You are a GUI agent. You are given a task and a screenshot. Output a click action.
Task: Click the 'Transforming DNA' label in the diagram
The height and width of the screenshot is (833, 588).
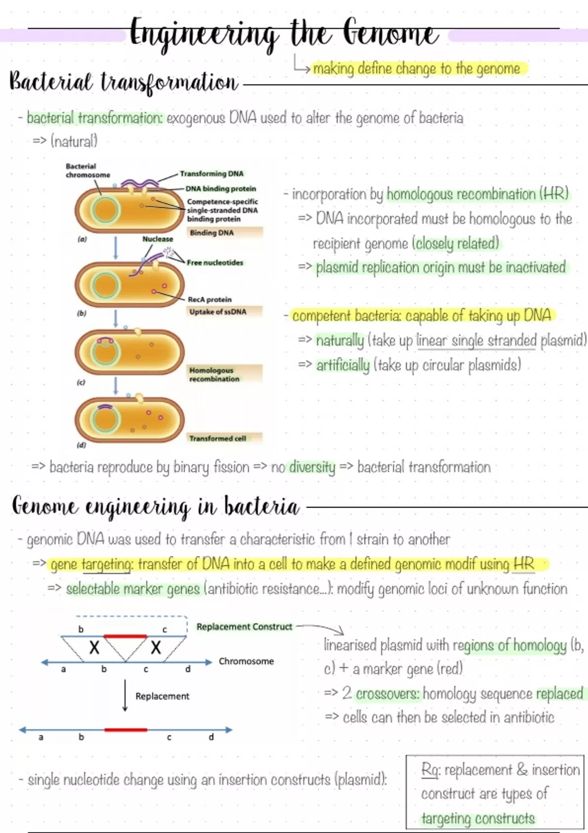pyautogui.click(x=211, y=174)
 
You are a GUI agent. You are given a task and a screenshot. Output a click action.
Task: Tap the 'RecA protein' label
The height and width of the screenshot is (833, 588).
pyautogui.click(x=210, y=299)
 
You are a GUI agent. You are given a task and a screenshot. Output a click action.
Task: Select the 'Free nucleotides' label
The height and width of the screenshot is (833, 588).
pyautogui.click(x=215, y=263)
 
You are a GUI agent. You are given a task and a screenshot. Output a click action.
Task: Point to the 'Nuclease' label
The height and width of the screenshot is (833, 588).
pyautogui.click(x=157, y=239)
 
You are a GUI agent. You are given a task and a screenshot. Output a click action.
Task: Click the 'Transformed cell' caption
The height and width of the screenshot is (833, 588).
pyautogui.click(x=218, y=439)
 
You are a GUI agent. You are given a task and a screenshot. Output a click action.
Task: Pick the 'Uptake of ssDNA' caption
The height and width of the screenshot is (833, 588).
pyautogui.click(x=218, y=312)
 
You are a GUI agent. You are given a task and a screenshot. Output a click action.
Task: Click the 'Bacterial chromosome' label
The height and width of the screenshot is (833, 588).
pyautogui.click(x=88, y=171)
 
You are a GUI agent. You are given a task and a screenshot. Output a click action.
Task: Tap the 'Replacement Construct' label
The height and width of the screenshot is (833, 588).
pyautogui.click(x=244, y=627)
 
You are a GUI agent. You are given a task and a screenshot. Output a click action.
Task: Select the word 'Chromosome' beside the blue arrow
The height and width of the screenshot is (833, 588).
pyautogui.click(x=246, y=661)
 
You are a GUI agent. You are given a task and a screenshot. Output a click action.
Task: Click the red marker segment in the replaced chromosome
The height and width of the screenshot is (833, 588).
pyautogui.click(x=125, y=730)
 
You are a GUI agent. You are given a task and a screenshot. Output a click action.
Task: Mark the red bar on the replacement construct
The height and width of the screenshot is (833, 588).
pyautogui.click(x=125, y=636)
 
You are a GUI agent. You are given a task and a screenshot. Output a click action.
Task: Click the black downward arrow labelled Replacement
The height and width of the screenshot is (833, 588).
pyautogui.click(x=125, y=696)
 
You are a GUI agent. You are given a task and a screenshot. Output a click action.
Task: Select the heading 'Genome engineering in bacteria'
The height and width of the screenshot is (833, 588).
pyautogui.click(x=155, y=507)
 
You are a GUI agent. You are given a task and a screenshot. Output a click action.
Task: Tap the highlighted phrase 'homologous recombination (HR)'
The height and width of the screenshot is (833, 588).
pyautogui.click(x=477, y=195)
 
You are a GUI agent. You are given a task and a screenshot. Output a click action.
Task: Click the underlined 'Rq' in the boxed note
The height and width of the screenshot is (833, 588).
pyautogui.click(x=430, y=770)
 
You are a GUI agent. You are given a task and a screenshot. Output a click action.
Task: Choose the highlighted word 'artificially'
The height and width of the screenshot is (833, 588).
pyautogui.click(x=343, y=366)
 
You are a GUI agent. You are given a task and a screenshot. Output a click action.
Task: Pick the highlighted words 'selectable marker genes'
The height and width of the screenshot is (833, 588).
pyautogui.click(x=133, y=589)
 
